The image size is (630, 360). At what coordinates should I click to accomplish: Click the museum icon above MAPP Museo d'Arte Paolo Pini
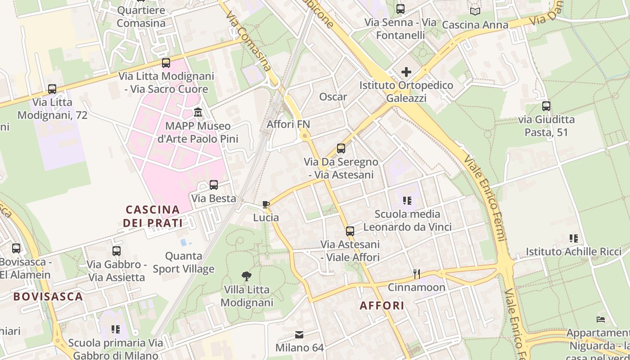tap(198, 112)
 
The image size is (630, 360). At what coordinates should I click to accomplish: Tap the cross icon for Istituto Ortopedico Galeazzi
tap(406, 72)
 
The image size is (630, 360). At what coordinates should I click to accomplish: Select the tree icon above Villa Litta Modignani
tap(246, 276)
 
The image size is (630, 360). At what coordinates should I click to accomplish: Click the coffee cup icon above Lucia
tap(266, 205)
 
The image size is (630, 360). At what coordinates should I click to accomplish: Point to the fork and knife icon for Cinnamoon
tap(417, 274)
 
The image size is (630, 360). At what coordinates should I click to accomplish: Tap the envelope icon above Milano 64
tap(299, 334)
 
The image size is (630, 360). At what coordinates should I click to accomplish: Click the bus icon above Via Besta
tap(214, 184)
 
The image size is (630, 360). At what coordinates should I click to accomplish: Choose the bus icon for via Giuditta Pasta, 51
tap(546, 106)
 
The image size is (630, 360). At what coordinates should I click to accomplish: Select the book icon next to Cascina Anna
tap(475, 12)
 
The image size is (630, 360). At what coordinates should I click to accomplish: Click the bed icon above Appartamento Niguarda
tap(601, 319)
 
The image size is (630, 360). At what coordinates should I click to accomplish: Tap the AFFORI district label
tap(382, 306)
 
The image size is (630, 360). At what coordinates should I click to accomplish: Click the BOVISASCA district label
tap(48, 297)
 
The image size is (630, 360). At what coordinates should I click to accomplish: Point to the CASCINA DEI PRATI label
tap(153, 216)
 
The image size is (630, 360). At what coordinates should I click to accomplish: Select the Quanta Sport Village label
tap(184, 262)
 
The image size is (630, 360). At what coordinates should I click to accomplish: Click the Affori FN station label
tap(288, 124)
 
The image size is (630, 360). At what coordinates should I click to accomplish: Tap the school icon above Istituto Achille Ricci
tap(574, 238)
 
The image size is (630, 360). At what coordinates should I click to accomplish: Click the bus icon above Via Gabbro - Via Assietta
tap(117, 251)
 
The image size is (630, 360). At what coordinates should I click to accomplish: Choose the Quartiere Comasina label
tap(141, 17)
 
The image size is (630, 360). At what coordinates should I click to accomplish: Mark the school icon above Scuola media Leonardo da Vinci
tap(407, 200)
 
